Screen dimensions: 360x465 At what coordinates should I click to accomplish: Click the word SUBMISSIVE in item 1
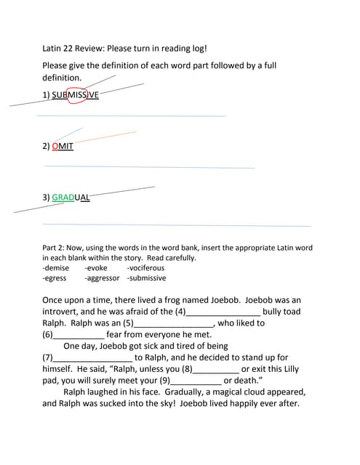(x=75, y=94)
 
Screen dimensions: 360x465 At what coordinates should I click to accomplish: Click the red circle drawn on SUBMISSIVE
(x=76, y=94)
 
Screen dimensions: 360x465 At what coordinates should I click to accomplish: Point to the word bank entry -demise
(x=56, y=268)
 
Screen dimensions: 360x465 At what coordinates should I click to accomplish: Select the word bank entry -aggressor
(x=102, y=278)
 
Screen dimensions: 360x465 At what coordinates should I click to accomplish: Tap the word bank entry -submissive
(x=146, y=278)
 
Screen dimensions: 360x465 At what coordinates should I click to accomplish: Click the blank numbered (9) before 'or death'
(x=195, y=381)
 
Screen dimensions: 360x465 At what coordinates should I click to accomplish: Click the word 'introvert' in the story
(x=63, y=312)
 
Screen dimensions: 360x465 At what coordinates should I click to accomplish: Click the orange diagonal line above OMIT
(x=105, y=137)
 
